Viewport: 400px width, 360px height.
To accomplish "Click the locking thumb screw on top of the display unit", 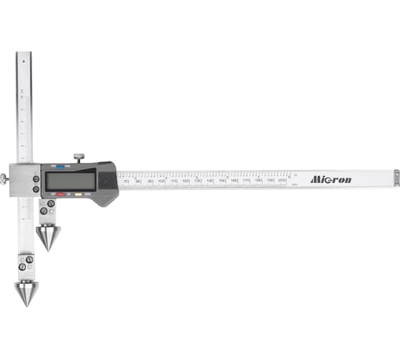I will click(x=79, y=156).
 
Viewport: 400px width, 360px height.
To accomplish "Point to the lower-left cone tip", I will click(x=26, y=293).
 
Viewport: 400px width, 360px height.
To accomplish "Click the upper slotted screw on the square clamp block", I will click(x=36, y=178).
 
